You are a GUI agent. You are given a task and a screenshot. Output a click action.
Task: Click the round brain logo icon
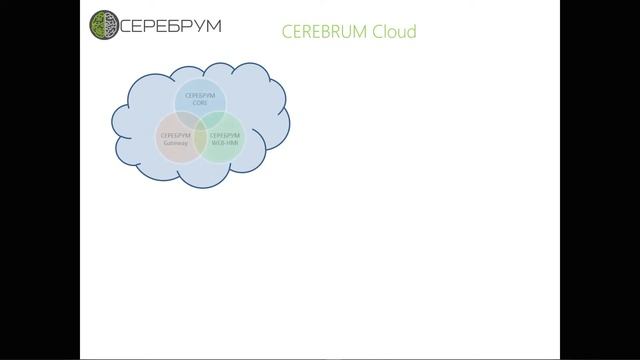[104, 23]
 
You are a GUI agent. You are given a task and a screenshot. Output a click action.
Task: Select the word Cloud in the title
[395, 32]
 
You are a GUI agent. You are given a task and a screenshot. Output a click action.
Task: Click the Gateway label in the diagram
[175, 142]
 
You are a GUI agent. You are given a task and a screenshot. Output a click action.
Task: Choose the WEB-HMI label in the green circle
[225, 142]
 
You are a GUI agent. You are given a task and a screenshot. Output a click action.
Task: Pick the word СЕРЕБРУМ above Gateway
[175, 134]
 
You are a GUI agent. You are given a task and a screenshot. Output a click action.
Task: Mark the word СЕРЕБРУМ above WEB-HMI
[225, 134]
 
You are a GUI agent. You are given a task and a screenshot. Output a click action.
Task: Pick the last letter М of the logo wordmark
[213, 23]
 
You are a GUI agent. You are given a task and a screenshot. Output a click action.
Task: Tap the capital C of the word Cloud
[378, 32]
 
